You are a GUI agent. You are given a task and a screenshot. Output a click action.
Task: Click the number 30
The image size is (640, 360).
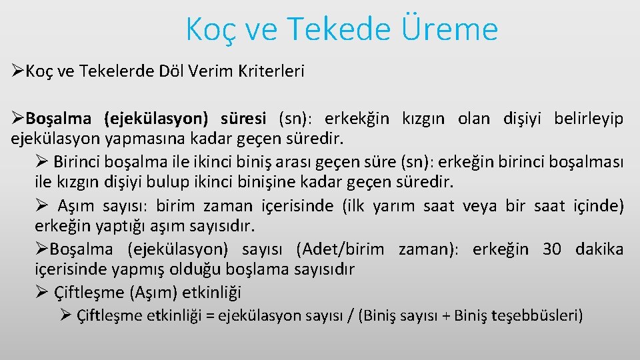pos(552,249)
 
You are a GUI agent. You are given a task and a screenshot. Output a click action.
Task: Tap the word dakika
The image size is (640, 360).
pos(599,249)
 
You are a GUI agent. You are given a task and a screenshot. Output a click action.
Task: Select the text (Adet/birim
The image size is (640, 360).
pos(341,249)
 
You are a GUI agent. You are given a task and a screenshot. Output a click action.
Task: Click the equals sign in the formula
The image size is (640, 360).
pos(211,315)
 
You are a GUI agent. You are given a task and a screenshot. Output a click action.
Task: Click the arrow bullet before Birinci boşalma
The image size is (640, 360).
pos(41,161)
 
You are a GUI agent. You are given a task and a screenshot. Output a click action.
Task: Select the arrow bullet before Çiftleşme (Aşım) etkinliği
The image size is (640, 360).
pos(41,291)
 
